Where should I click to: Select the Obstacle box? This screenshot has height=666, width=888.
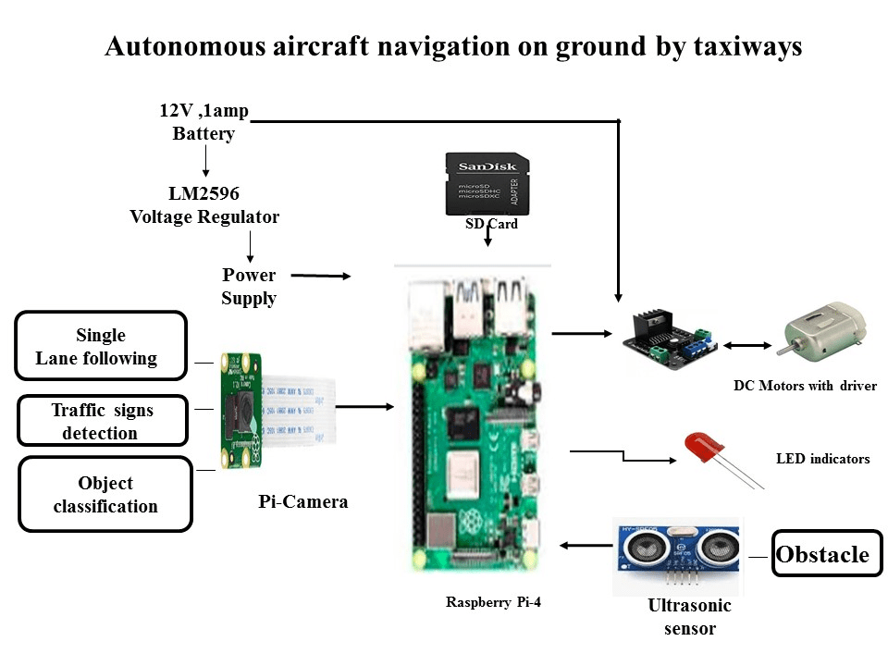tap(822, 554)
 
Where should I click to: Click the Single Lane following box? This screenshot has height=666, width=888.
tap(100, 346)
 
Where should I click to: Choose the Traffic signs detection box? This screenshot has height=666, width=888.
tap(102, 421)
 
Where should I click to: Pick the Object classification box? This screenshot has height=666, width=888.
tap(105, 494)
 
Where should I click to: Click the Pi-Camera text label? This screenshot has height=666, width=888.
tap(302, 502)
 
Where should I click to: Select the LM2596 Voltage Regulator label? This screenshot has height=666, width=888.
tap(204, 205)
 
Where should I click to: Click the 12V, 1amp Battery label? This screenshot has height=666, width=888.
tap(203, 122)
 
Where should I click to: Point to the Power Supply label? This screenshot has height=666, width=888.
tap(249, 287)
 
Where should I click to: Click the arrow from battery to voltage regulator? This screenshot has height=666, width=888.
tap(205, 162)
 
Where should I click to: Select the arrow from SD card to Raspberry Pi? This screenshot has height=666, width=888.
tap(488, 235)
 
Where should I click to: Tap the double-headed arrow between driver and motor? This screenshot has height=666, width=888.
tap(748, 345)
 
